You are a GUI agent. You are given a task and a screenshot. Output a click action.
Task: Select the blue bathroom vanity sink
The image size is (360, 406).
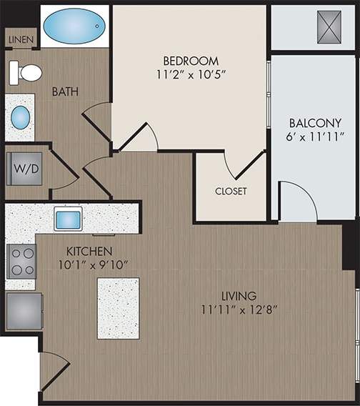pos(21,117)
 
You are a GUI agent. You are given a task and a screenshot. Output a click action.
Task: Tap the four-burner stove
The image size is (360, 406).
pos(21,261)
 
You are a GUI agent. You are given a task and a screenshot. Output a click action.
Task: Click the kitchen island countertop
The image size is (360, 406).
pos(118,308)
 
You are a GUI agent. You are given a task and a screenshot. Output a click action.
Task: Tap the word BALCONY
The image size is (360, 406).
pos(314,122)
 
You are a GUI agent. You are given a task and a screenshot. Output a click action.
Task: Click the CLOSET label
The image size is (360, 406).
pos(231,191)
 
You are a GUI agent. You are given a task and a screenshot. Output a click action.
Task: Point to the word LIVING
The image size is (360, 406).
pos(239,295)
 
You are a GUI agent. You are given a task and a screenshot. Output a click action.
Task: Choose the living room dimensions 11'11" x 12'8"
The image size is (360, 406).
pos(239,310)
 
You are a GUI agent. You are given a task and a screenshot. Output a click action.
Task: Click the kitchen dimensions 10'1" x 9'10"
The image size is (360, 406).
pos(89,265)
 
